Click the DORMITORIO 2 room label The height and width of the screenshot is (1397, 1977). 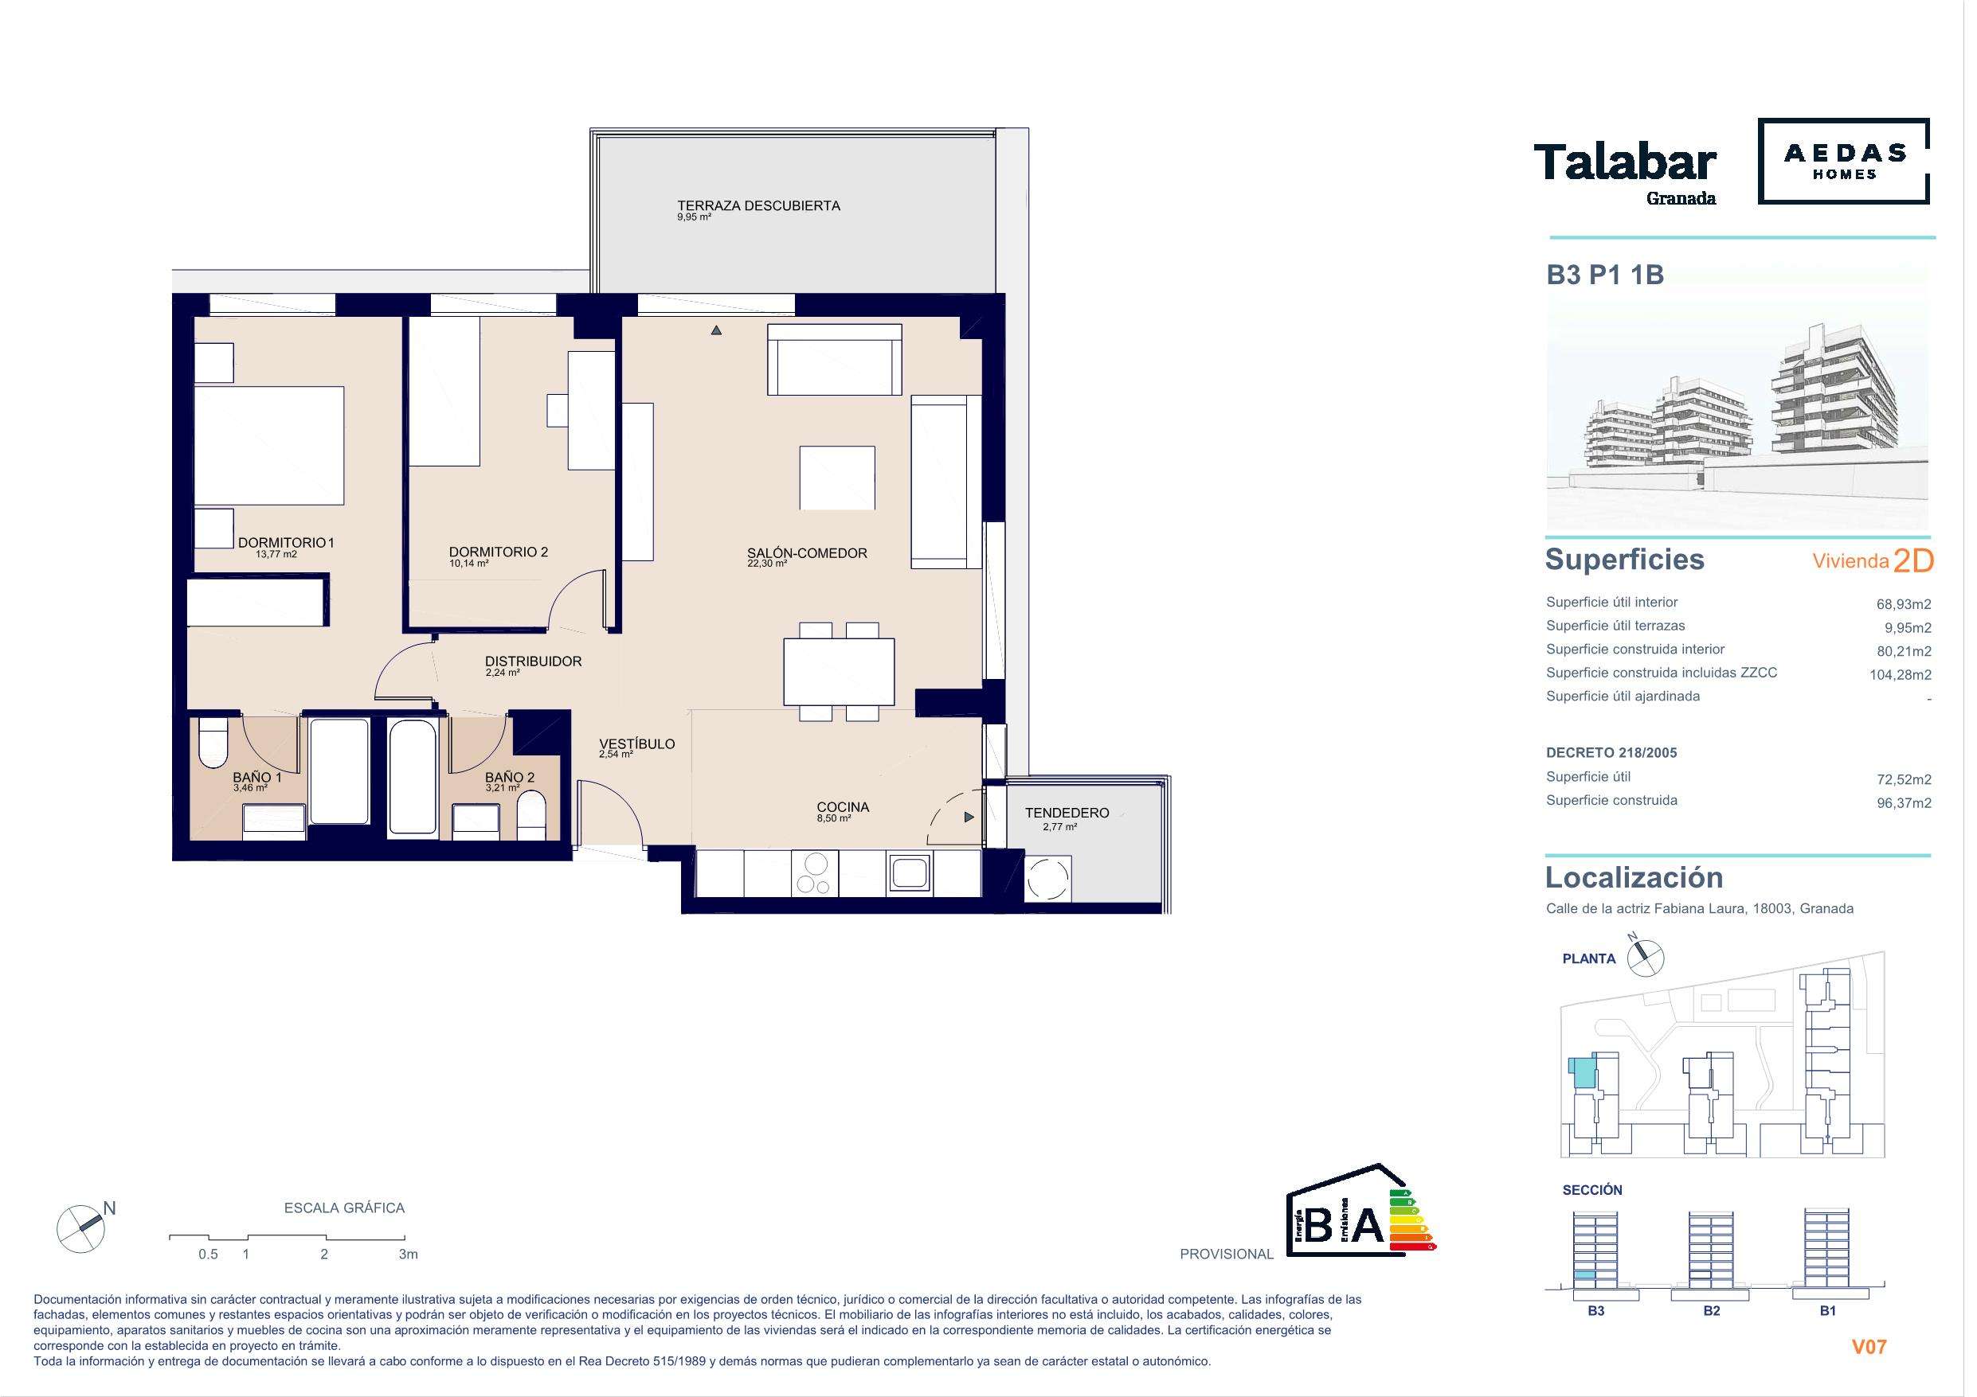pos(498,552)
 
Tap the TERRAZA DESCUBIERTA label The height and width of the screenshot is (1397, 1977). pos(758,205)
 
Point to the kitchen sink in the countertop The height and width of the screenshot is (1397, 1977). pos(908,872)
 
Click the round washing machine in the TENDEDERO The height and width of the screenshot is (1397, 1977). pos(1048,879)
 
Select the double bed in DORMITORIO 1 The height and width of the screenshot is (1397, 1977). pos(269,446)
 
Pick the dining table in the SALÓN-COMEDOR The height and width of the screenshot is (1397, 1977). pos(839,671)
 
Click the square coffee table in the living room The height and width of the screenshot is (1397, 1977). pos(837,478)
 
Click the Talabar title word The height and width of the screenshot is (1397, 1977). pos(1625,163)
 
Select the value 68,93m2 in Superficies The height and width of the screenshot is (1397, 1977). pos(1904,604)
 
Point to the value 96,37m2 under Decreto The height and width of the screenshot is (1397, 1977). pos(1904,803)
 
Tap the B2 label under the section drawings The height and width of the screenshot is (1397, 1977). pos(1711,1310)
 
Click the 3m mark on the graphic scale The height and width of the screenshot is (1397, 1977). pos(408,1254)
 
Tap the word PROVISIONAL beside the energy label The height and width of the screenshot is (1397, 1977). pos(1226,1254)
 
